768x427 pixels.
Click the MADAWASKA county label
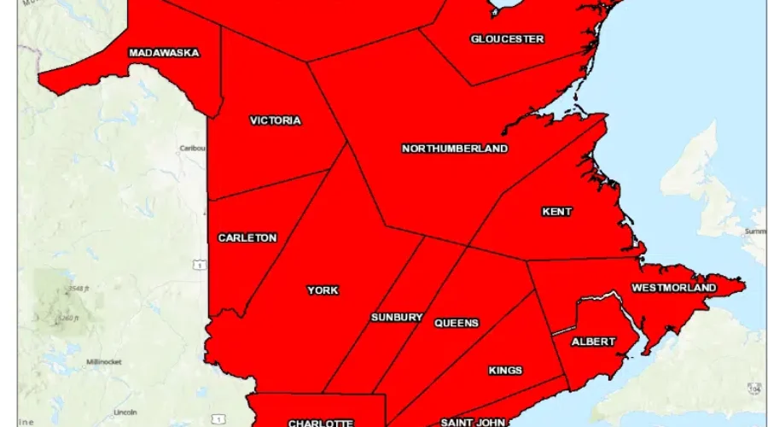[164, 53]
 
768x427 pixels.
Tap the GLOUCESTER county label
[507, 39]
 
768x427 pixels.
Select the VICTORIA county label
[275, 120]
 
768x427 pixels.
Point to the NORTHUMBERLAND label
[454, 149]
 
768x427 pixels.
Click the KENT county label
[557, 212]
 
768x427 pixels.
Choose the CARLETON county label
[247, 237]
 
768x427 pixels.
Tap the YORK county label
[323, 290]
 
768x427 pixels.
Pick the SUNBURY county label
[397, 318]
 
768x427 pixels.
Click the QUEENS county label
[457, 323]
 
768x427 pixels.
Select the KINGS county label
[505, 371]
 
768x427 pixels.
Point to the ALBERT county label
[593, 342]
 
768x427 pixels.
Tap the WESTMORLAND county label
[674, 288]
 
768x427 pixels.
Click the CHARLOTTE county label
[320, 423]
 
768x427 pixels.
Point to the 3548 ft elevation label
[81, 287]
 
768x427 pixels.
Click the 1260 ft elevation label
[67, 319]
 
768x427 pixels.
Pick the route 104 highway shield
[753, 389]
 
